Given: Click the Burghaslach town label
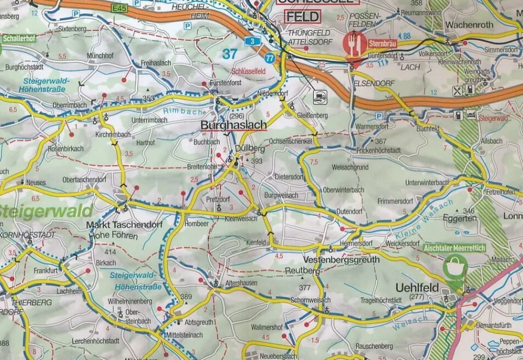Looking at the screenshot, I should (x=233, y=126).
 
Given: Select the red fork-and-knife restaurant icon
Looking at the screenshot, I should (x=355, y=44).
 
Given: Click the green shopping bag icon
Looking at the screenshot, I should (x=454, y=267).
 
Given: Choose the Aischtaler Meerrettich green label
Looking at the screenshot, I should (x=454, y=248).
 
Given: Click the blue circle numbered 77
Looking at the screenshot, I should (x=270, y=58).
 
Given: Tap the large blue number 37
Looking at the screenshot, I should (x=230, y=53).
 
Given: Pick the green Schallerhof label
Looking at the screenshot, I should (x=18, y=39).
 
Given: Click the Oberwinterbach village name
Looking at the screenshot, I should (x=344, y=189).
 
